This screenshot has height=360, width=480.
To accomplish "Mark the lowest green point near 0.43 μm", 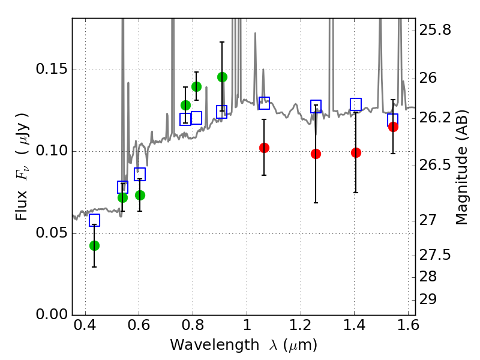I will [x=94, y=245].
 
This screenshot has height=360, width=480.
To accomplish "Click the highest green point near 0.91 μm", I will [x=222, y=77].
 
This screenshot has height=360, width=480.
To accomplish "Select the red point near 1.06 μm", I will [x=264, y=148].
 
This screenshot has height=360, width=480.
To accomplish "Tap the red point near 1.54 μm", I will [x=393, y=127].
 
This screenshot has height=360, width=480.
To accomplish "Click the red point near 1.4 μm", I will [x=356, y=152].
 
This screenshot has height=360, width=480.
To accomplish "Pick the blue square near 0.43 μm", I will [x=94, y=220].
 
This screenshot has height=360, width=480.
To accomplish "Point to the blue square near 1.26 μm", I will [x=316, y=106].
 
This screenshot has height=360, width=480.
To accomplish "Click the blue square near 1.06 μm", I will [x=264, y=103].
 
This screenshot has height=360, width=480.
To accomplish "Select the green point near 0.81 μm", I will [x=196, y=86].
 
